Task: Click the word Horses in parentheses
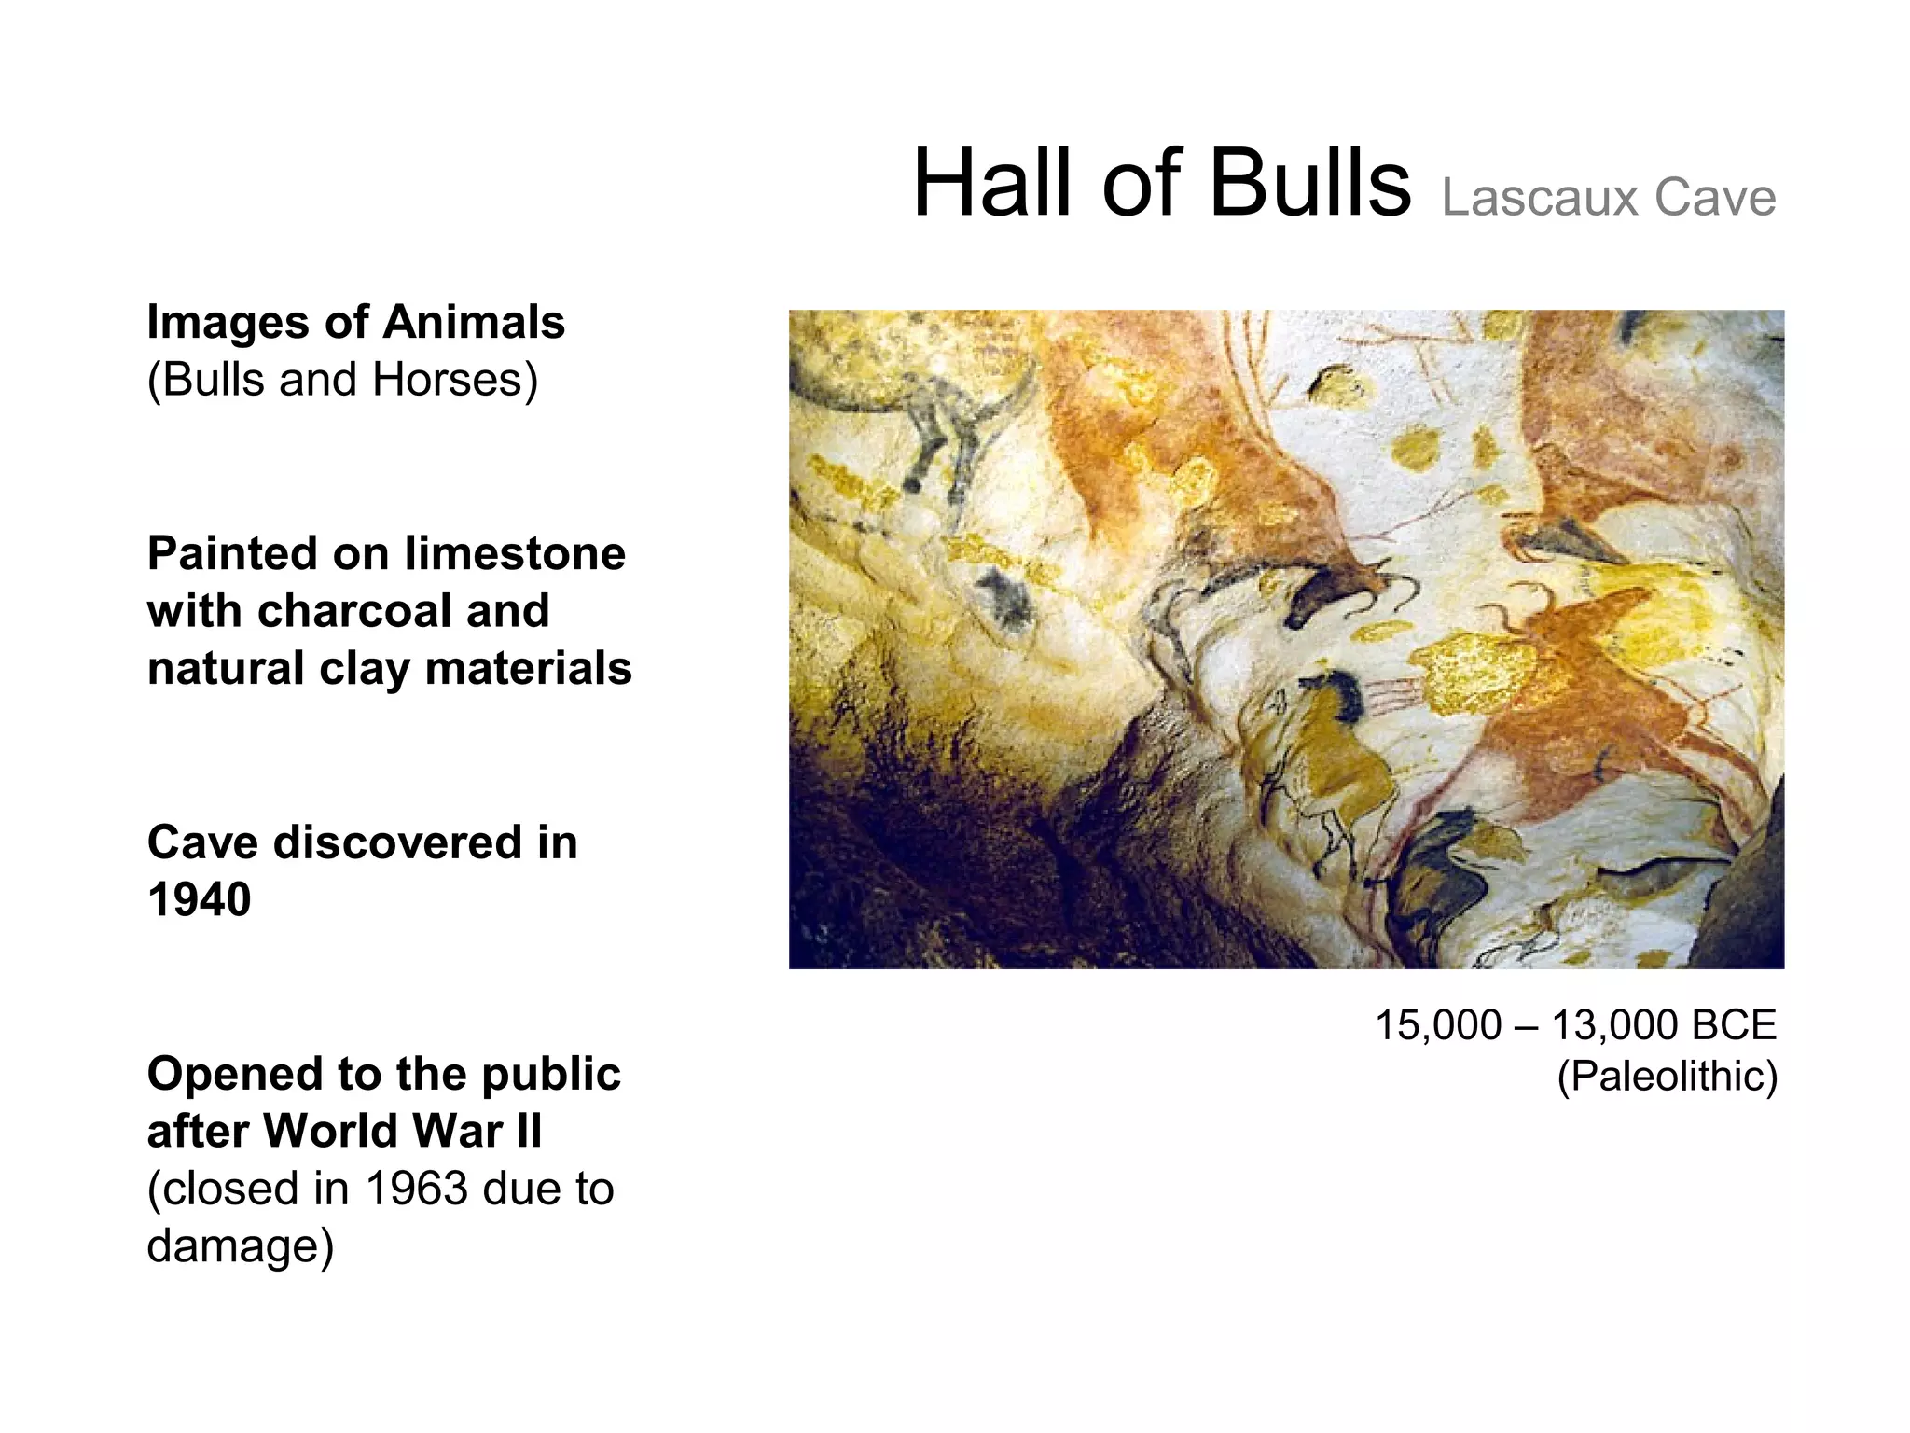pos(454,381)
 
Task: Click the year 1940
pos(200,900)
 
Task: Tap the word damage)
pos(240,1246)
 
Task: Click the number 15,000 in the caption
pos(1438,1025)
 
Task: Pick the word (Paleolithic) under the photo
pos(1667,1077)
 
